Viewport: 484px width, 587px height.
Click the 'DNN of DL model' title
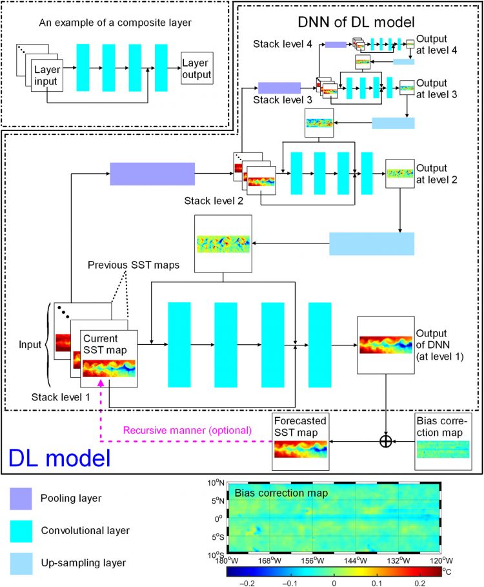[356, 21]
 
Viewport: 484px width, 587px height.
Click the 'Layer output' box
[196, 68]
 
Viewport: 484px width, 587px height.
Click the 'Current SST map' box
[108, 357]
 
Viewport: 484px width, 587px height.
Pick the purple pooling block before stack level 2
[152, 174]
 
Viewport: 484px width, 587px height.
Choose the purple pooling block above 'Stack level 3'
[279, 88]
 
